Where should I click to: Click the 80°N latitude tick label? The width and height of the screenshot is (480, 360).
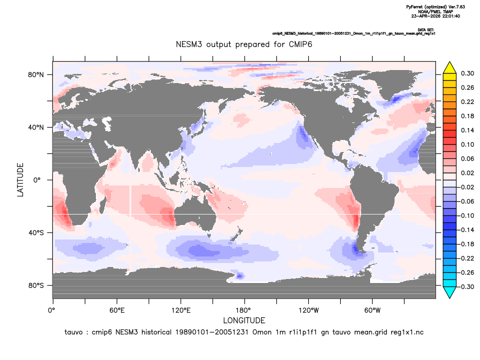(36, 75)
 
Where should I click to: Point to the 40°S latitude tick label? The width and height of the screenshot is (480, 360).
(36, 233)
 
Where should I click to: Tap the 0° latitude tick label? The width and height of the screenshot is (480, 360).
(37, 180)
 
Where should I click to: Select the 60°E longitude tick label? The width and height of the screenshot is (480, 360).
(117, 310)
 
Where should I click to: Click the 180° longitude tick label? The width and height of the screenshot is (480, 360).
(245, 310)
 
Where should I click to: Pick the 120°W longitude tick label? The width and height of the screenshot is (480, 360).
(309, 310)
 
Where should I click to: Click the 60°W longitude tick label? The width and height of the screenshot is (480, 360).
(373, 310)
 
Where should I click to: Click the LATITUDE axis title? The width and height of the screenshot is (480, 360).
(20, 180)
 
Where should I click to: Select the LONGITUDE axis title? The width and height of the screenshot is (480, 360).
(244, 320)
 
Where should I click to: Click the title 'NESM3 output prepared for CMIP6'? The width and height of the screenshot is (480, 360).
(244, 44)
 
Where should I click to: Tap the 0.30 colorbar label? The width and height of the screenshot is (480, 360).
(468, 73)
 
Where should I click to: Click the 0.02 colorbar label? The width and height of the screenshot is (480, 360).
(468, 173)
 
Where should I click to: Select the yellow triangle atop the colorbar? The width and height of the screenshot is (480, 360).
(450, 67)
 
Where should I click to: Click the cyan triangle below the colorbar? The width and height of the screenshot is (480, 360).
(450, 292)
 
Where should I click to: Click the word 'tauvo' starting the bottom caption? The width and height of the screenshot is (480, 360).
(73, 332)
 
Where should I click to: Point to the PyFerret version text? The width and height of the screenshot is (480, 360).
(436, 6)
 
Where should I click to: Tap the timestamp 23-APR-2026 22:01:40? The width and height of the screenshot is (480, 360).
(436, 16)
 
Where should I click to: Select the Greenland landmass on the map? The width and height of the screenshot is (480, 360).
(389, 82)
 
